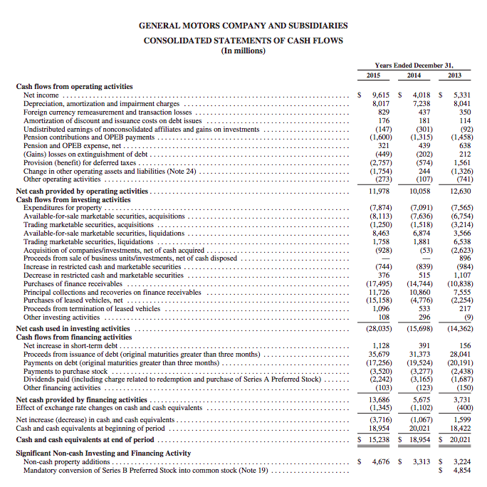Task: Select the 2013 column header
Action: pos(454,75)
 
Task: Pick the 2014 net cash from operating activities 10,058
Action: pos(419,192)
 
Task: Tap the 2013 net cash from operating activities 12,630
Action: pos(460,192)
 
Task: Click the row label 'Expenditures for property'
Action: pos(63,208)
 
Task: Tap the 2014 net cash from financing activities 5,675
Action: pos(421,400)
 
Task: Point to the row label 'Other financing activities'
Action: pos(62,388)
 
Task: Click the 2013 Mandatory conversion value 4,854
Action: pos(462,471)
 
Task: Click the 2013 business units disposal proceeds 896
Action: pos(465,258)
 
